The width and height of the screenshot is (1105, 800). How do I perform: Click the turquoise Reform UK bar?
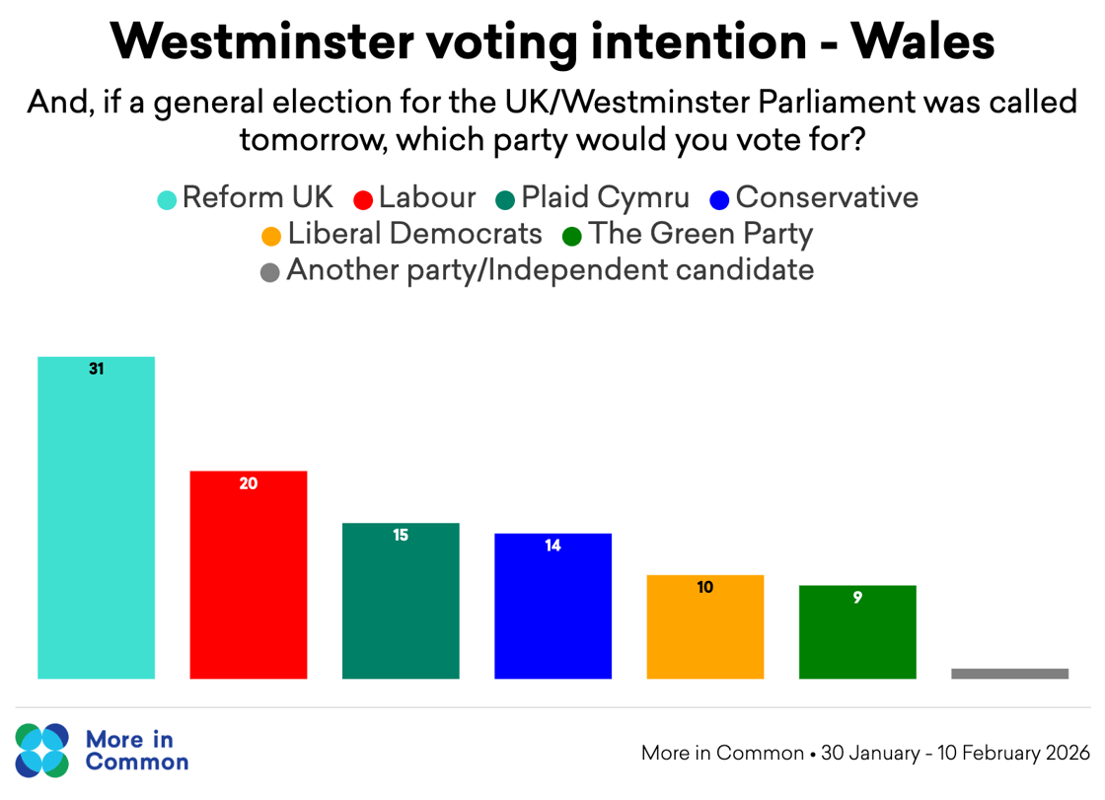(96, 518)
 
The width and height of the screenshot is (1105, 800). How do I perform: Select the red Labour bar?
(248, 575)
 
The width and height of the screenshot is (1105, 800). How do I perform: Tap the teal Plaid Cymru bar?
(401, 601)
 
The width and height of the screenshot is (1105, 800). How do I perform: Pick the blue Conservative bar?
(552, 606)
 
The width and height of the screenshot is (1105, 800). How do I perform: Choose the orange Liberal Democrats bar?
(704, 626)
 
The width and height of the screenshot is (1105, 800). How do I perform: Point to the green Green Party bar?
(857, 632)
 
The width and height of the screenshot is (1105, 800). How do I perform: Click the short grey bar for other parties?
(1009, 674)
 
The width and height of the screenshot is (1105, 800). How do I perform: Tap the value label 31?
(96, 370)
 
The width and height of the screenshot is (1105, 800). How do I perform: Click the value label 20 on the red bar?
(248, 484)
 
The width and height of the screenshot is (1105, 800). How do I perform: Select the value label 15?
(401, 536)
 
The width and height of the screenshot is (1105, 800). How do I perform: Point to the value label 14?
(552, 545)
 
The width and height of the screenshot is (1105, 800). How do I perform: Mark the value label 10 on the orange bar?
(704, 587)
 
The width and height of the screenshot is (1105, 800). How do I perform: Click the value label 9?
(857, 597)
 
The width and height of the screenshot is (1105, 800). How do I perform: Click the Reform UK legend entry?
(247, 197)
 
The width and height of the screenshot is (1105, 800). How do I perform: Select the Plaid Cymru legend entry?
(592, 197)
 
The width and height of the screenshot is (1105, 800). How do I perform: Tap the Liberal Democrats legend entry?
(403, 234)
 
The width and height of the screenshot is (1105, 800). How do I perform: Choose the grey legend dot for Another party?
(270, 271)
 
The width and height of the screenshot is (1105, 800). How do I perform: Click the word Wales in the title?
(921, 41)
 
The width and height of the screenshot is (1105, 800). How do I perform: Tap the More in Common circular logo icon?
(42, 750)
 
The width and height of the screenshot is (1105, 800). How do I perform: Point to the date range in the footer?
(955, 753)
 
